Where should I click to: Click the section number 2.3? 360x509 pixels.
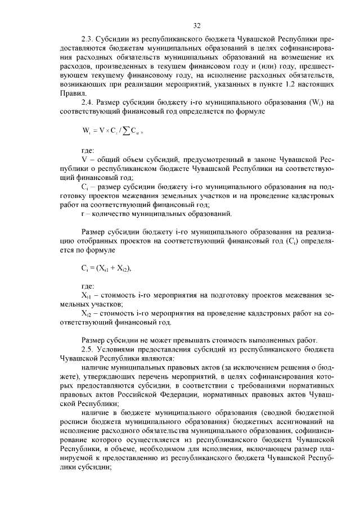point(88,40)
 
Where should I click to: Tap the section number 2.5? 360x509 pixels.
point(88,349)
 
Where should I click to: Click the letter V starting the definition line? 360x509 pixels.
point(84,160)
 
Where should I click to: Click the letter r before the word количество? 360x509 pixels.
point(83,213)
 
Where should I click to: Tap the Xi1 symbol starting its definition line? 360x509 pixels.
point(86,295)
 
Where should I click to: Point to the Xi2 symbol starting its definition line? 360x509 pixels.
point(86,313)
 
